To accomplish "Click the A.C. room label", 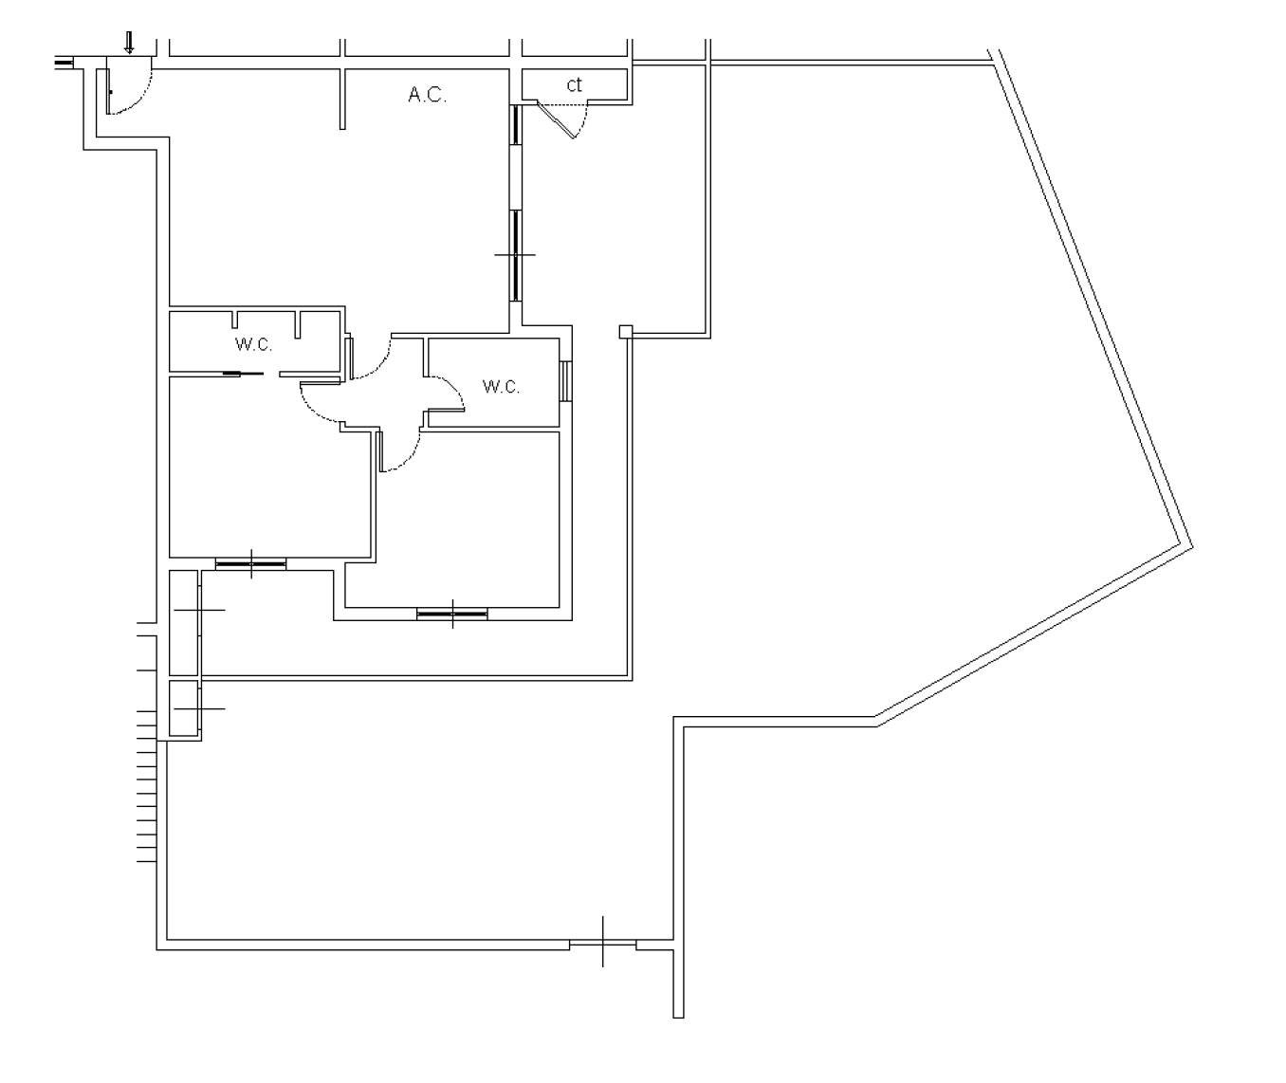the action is [x=428, y=95].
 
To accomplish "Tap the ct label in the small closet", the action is [x=574, y=84].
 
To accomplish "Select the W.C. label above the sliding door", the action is [x=253, y=344].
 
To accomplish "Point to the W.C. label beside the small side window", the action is [x=501, y=387].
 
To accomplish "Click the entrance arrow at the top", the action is [x=129, y=43].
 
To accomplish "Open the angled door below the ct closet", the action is [x=556, y=119].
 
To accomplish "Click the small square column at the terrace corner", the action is [x=626, y=331].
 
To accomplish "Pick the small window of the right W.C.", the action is [x=565, y=381].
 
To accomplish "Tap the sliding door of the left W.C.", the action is [x=243, y=374].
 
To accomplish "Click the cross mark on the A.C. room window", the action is [x=515, y=254].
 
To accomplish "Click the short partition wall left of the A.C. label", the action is [x=342, y=99].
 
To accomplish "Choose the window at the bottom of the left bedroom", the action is [x=250, y=563].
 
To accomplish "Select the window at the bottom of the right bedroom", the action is [x=452, y=614].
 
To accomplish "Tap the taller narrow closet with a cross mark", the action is [x=184, y=622].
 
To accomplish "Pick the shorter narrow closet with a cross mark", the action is [x=184, y=707].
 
